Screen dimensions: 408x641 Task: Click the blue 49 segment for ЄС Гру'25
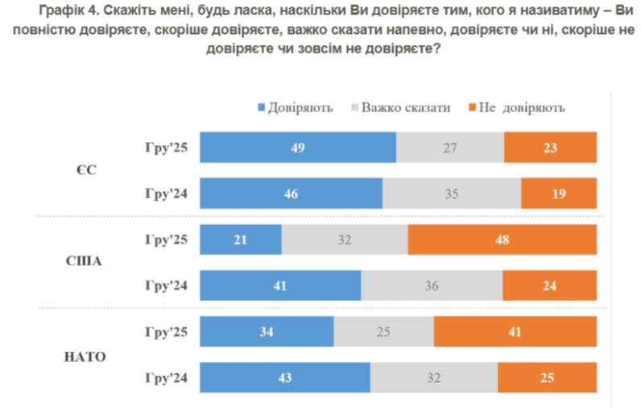(298, 148)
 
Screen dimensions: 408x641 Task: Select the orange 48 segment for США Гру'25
(502, 239)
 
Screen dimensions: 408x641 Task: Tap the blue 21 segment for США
(240, 239)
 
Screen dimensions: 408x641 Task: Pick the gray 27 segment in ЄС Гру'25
(450, 148)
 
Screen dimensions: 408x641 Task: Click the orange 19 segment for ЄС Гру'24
(558, 194)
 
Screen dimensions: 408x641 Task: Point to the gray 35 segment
(452, 194)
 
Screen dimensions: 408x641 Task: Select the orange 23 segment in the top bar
(550, 148)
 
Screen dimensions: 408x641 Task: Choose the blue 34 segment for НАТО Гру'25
(267, 331)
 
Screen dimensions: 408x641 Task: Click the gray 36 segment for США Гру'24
(432, 285)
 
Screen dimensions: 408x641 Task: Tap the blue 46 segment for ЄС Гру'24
(291, 194)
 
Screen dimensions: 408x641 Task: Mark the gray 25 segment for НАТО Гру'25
(383, 331)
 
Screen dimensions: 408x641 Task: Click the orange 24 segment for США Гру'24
(549, 285)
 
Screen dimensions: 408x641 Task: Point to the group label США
(85, 262)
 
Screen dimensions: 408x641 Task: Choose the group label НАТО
(85, 355)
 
